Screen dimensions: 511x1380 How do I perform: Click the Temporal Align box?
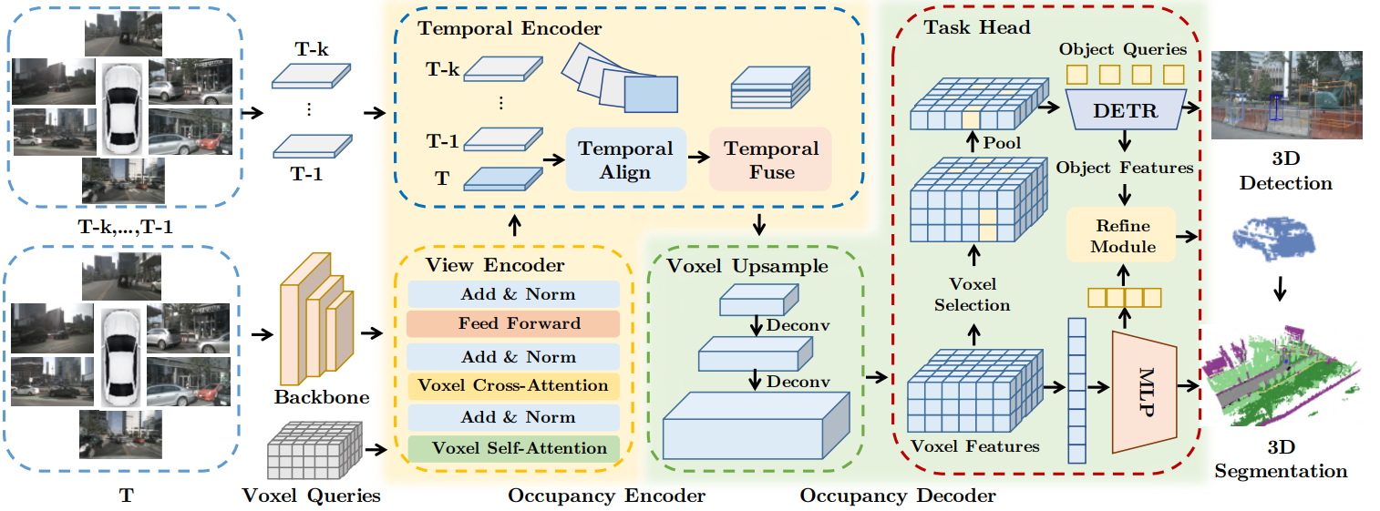625,158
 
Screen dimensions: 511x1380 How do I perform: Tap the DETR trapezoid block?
1125,110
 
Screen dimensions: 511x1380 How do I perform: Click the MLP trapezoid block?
1143,391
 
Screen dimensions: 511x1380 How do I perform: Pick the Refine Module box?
1123,236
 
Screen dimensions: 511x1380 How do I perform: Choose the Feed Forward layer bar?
513,323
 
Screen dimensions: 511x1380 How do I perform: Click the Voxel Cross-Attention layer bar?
513,386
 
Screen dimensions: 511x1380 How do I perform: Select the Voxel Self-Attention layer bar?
513,448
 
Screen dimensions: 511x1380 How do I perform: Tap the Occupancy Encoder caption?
606,496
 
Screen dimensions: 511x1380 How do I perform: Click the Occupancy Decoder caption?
898,496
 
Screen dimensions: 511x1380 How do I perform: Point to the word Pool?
1002,143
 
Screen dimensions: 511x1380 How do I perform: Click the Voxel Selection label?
972,294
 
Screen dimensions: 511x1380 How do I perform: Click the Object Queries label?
1122,50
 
